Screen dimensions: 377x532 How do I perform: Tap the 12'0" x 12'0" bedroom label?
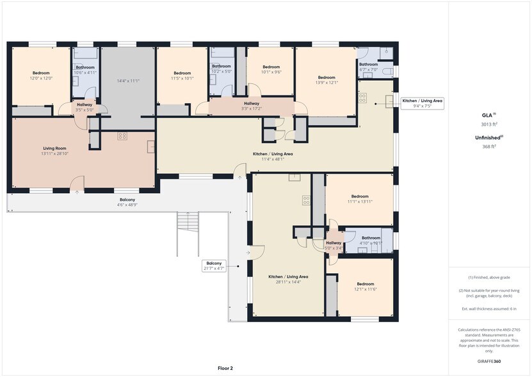42,76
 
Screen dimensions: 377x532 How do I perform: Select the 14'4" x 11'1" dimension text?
128,81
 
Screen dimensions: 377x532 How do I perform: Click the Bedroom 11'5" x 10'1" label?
182,76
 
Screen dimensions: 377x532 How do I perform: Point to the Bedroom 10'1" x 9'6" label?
271,70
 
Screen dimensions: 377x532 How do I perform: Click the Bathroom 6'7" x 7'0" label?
368,67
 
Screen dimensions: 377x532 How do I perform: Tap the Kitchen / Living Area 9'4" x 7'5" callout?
423,104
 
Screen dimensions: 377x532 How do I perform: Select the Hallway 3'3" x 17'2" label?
252,106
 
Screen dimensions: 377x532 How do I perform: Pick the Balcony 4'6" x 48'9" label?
127,203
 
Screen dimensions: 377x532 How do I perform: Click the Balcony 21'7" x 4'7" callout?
214,266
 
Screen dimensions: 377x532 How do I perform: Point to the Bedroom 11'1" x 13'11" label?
360,199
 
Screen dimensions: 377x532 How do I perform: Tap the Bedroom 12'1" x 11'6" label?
365,287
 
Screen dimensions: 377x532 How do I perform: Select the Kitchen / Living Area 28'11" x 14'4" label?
288,279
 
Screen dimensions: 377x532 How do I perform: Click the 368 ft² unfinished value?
489,147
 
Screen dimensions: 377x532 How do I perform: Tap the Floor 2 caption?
225,369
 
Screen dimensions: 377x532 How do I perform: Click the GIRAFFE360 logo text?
489,362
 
